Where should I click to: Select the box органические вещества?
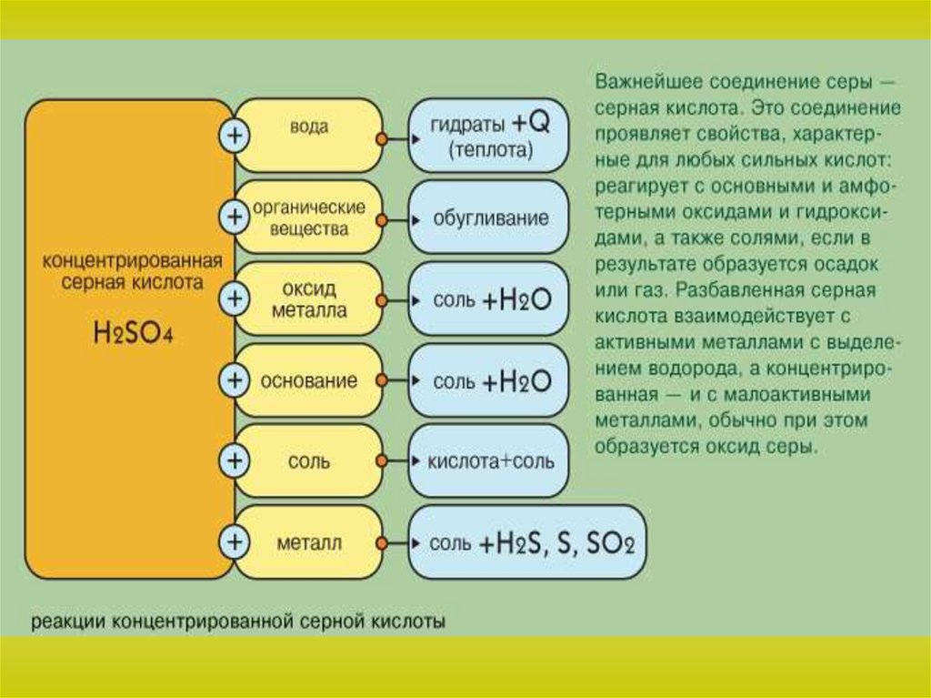pos(309,217)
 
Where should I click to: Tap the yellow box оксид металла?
pos(309,299)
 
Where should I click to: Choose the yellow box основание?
pos(309,380)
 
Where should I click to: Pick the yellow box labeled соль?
pos(309,461)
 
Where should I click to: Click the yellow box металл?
pos(309,543)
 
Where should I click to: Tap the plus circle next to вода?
pos(235,137)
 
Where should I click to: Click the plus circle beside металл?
pos(235,543)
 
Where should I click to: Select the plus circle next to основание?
pos(235,380)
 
